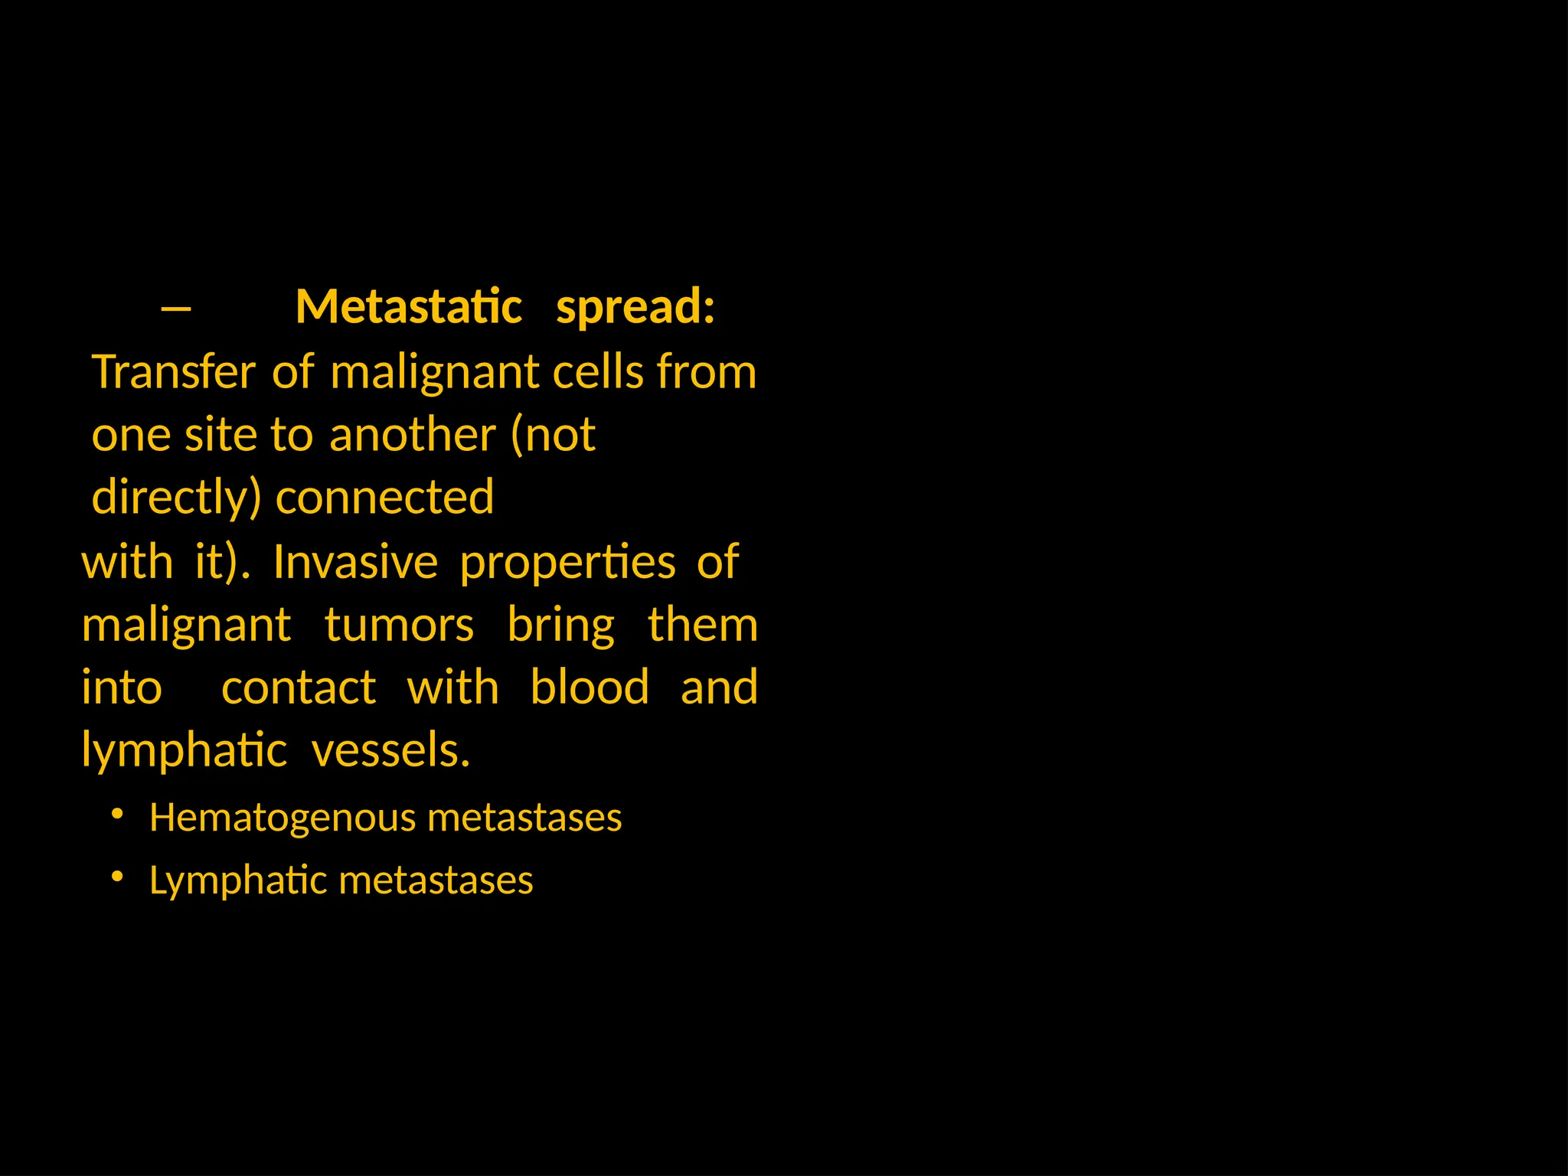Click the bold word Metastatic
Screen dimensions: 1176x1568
tap(409, 307)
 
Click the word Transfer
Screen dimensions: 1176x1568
tap(173, 373)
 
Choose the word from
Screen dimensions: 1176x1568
tap(706, 373)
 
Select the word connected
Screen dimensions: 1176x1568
tap(384, 498)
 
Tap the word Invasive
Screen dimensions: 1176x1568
tap(355, 562)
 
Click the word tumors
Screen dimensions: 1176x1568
tap(399, 626)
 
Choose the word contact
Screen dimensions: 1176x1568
tap(299, 688)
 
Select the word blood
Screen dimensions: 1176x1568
tap(590, 687)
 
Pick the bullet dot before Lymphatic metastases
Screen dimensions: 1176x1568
tap(117, 877)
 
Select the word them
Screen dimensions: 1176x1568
tap(702, 626)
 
